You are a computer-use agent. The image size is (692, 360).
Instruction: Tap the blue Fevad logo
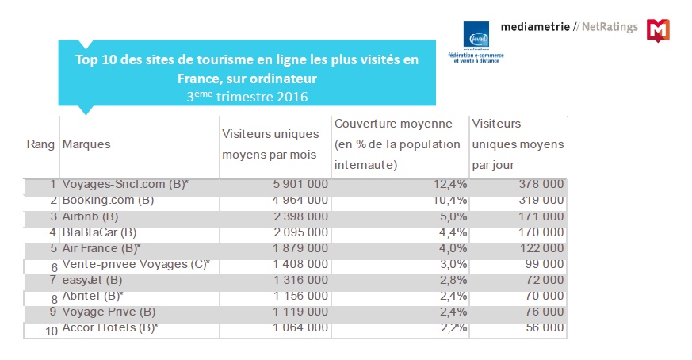pyautogui.click(x=478, y=34)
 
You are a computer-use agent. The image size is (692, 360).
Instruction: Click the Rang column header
pyautogui.click(x=40, y=144)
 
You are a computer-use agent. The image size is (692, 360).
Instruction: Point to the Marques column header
pyautogui.click(x=86, y=144)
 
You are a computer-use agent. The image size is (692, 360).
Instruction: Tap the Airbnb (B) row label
pyautogui.click(x=90, y=216)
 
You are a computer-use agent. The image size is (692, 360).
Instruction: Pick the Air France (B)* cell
pyautogui.click(x=101, y=248)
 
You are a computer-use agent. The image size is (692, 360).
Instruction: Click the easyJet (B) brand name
pyautogui.click(x=92, y=280)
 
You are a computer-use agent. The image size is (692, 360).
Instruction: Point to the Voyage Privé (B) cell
pyautogui.click(x=109, y=312)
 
